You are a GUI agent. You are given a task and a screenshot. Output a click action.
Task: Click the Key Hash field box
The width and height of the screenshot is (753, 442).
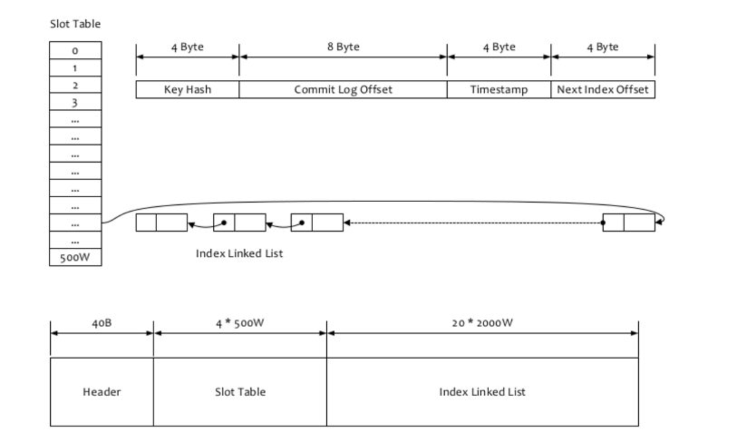pyautogui.click(x=187, y=89)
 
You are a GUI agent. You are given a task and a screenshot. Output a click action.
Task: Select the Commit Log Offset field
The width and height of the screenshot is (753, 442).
pyautogui.click(x=343, y=89)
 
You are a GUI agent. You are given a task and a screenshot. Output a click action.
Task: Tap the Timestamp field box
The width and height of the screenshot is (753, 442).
pyautogui.click(x=499, y=89)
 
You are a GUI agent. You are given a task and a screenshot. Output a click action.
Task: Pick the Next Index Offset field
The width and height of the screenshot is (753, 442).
pyautogui.click(x=603, y=89)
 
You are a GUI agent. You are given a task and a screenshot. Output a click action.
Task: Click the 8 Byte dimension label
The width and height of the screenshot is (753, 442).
pyautogui.click(x=343, y=47)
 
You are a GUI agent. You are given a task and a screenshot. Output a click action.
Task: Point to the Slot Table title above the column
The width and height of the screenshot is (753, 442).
pyautogui.click(x=75, y=24)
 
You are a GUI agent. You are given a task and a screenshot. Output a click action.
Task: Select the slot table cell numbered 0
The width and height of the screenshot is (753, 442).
pyautogui.click(x=76, y=51)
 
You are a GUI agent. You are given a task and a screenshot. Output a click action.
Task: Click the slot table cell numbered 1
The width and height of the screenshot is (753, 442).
pyautogui.click(x=76, y=68)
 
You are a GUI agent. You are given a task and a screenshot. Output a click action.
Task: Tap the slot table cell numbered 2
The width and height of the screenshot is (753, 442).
pyautogui.click(x=76, y=85)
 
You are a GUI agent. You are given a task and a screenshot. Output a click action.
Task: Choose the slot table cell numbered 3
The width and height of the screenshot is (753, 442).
pyautogui.click(x=76, y=102)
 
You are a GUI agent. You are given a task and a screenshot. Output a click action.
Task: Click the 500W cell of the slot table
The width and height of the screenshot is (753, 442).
pyautogui.click(x=76, y=258)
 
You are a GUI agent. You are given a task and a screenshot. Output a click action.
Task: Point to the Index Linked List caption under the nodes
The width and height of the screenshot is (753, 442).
pyautogui.click(x=239, y=253)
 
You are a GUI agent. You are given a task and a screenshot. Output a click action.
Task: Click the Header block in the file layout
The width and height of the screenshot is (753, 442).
pyautogui.click(x=102, y=392)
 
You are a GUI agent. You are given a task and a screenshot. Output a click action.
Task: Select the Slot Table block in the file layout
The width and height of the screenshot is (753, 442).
pyautogui.click(x=240, y=392)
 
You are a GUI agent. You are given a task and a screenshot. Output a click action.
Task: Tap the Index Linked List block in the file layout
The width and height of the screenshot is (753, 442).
pyautogui.click(x=482, y=392)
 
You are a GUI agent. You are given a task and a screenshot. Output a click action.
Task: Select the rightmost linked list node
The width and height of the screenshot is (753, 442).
pyautogui.click(x=629, y=223)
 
